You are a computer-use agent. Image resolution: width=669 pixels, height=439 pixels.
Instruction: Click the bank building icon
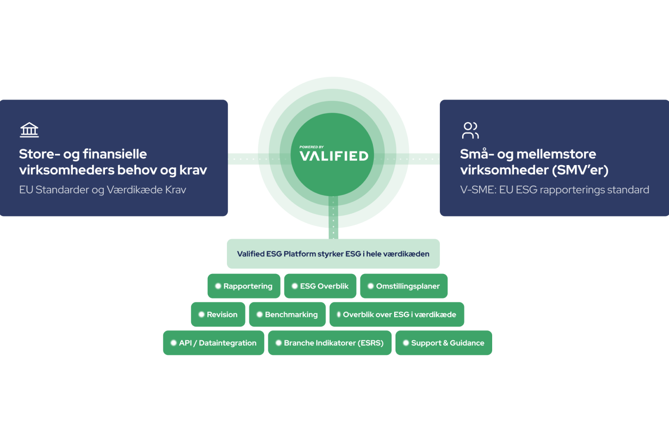(x=29, y=130)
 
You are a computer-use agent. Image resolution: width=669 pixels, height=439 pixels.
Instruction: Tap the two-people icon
(x=470, y=130)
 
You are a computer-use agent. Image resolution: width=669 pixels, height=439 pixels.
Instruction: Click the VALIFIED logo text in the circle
(x=334, y=156)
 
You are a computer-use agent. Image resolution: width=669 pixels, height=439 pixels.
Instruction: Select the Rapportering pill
(x=244, y=286)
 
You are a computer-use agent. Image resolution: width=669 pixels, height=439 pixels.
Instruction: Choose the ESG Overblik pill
(x=320, y=286)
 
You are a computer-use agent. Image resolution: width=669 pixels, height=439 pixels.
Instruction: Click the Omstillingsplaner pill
(x=404, y=286)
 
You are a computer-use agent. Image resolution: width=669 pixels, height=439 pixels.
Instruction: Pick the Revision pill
(x=218, y=314)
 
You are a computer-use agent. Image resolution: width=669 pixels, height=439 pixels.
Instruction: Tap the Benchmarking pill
(x=287, y=314)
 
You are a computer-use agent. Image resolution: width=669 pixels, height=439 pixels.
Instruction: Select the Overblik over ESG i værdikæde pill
(x=397, y=314)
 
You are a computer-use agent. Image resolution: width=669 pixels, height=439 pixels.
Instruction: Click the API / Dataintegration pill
(x=213, y=343)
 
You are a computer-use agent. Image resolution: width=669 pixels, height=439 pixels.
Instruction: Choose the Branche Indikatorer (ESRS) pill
(x=330, y=343)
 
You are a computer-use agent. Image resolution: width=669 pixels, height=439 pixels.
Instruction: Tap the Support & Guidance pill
(x=444, y=343)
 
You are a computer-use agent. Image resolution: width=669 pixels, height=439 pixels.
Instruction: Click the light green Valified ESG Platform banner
(x=333, y=254)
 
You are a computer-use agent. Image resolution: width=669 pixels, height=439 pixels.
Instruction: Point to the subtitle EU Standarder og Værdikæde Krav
(x=102, y=190)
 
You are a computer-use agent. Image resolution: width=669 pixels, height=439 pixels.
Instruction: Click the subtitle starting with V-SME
(x=554, y=190)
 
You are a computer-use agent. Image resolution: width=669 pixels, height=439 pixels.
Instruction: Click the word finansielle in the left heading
(x=115, y=154)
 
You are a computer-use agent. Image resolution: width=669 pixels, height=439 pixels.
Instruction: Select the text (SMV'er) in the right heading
(x=580, y=170)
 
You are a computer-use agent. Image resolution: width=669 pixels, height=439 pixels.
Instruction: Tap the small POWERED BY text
(x=311, y=147)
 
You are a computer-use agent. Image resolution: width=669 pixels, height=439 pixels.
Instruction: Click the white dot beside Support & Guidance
(x=406, y=343)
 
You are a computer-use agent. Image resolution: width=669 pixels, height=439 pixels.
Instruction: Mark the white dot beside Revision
(x=201, y=314)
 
